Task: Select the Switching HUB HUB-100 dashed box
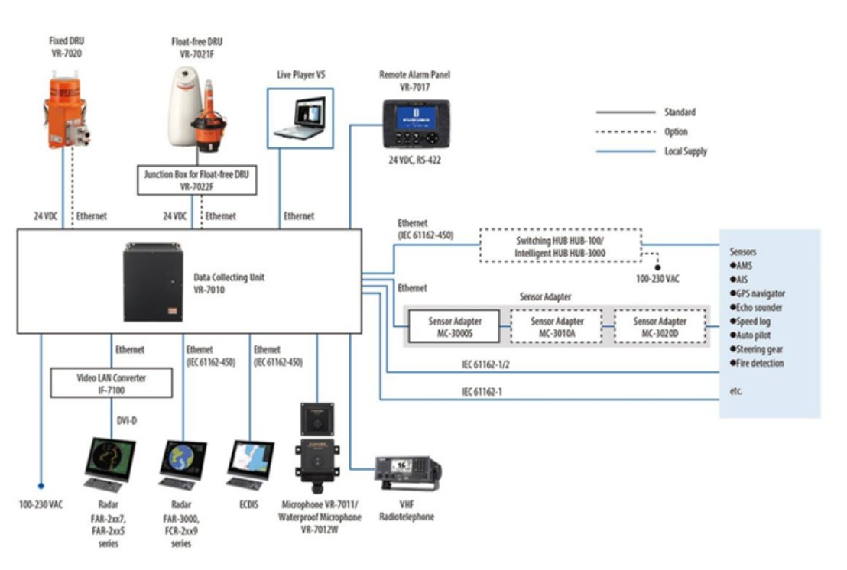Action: pos(560,245)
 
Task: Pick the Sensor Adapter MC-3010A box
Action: pos(557,326)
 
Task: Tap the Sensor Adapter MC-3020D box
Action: pos(660,326)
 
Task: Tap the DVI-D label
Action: pos(127,421)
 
